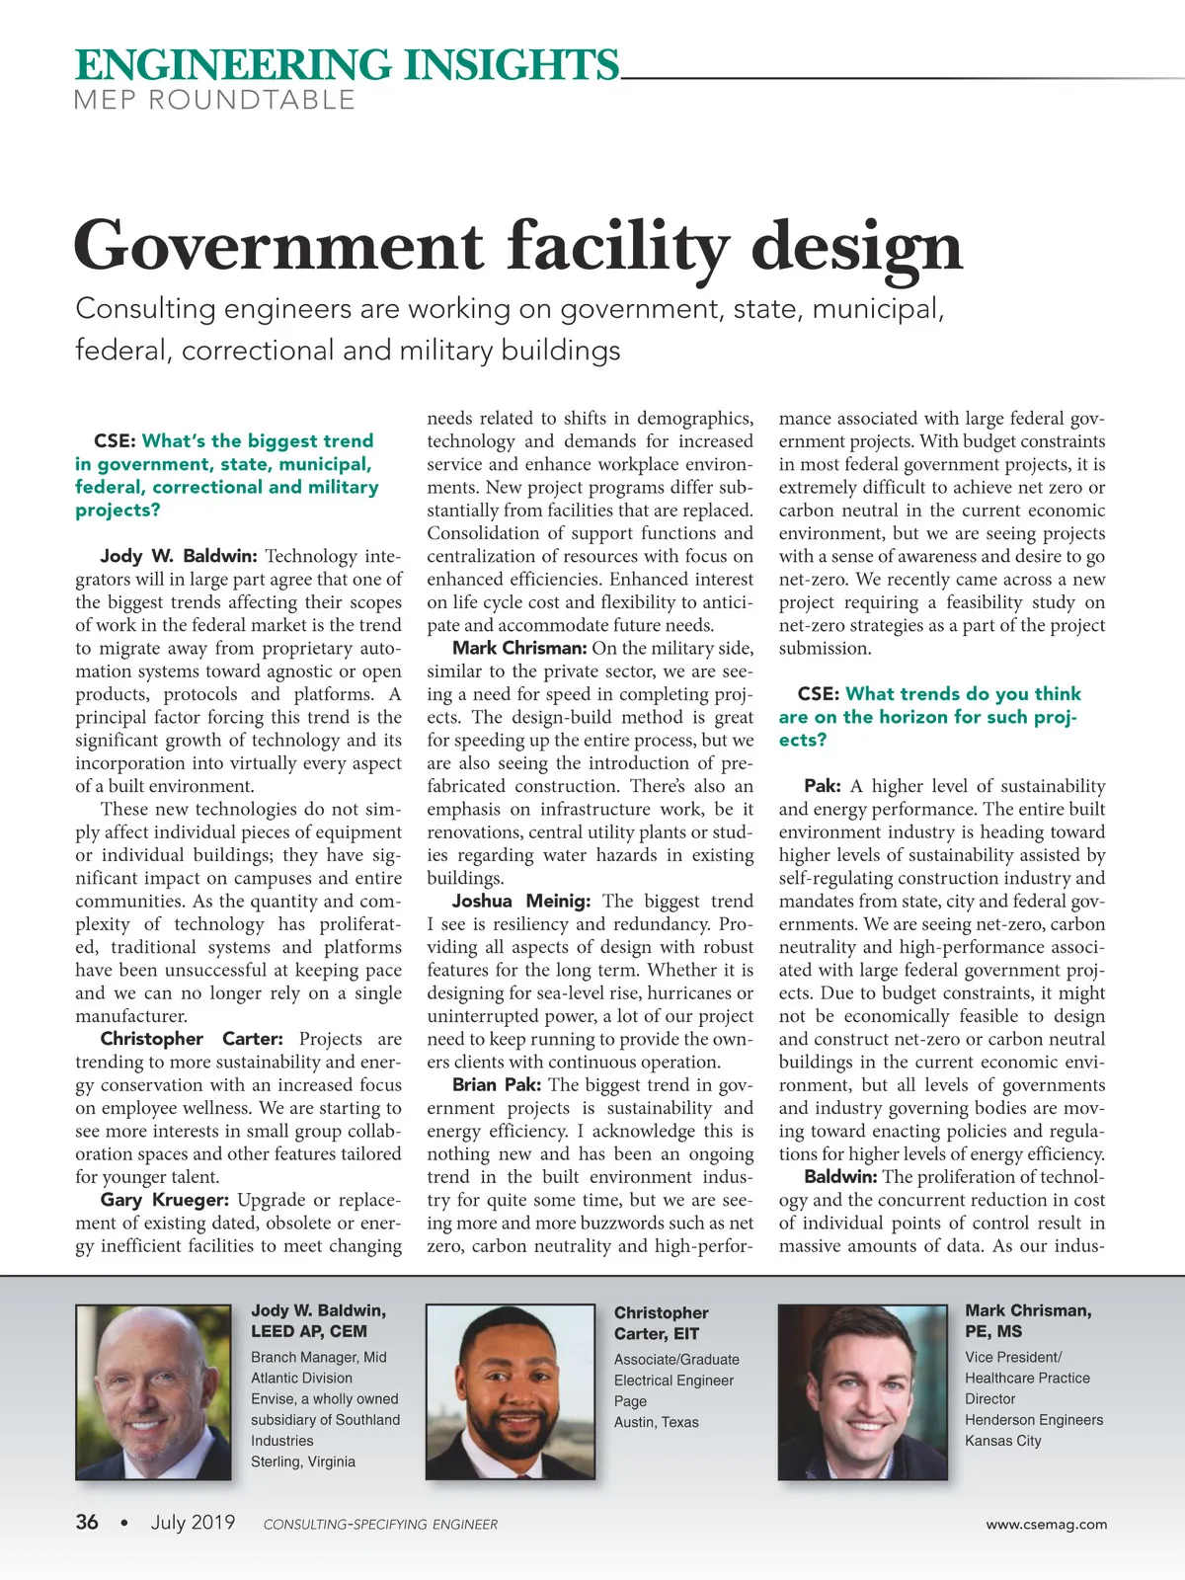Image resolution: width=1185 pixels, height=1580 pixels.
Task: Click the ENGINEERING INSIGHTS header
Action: pos(347,65)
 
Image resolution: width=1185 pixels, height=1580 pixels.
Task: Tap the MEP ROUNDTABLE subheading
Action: pos(214,100)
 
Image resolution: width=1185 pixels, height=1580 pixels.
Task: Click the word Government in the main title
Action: pos(278,246)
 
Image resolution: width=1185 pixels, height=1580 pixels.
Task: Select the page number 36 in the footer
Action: pos(87,1522)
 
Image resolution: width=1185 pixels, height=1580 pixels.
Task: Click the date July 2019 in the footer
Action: pos(193,1522)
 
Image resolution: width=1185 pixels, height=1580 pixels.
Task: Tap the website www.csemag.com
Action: pos(1046,1524)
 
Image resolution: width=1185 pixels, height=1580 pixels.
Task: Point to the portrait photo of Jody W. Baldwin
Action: pos(153,1391)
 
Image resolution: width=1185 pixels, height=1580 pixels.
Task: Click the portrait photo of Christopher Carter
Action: pos(510,1391)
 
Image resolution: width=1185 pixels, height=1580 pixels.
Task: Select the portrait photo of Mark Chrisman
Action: pos(862,1391)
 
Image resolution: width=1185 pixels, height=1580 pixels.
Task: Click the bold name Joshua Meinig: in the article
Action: pos(520,901)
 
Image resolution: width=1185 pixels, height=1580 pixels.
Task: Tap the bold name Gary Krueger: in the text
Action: pos(164,1200)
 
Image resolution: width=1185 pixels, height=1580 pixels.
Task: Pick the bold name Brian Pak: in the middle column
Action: pos(496,1084)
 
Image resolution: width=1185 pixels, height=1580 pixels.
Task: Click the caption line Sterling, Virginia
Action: pos(302,1461)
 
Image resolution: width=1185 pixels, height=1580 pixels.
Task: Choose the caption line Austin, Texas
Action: pos(656,1422)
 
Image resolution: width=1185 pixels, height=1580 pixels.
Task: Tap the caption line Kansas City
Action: pos(1002,1441)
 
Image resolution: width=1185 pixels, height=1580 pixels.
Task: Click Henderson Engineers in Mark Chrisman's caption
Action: pos(1033,1420)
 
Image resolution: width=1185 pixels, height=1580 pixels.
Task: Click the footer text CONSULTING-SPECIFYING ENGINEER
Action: pos(380,1525)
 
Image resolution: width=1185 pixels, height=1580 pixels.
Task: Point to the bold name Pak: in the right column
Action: pos(822,786)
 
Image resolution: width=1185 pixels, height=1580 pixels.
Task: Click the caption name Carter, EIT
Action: pos(656,1334)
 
